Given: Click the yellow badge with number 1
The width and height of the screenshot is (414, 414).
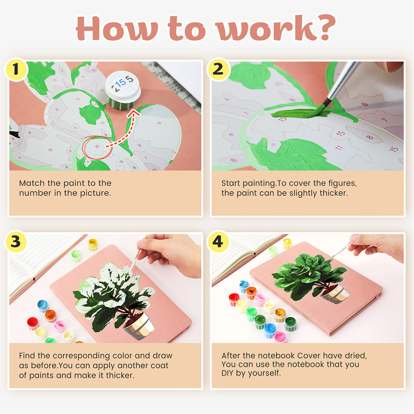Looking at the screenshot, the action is tap(16, 69).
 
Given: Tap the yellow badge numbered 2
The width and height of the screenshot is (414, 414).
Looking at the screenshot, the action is tap(218, 69).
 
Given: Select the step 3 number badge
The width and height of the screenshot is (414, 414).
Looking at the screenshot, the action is tap(16, 241).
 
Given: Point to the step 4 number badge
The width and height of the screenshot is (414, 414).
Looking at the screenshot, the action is tap(218, 241).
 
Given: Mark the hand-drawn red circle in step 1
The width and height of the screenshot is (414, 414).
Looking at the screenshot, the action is tap(97, 147).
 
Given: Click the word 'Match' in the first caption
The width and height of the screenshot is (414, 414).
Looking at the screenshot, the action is tap(32, 183).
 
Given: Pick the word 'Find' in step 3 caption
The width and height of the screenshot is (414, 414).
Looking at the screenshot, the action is tap(26, 355).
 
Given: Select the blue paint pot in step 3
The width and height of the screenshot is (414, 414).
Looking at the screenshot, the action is tap(43, 306).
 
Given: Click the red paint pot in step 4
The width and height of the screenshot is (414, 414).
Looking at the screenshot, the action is tap(234, 300).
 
